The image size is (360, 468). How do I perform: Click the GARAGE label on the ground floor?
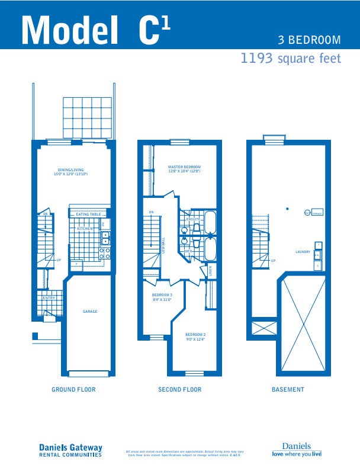[90, 312]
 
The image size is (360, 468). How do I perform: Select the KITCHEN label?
[85, 227]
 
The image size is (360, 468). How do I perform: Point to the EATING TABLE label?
[88, 214]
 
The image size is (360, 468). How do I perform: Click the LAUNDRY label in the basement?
[303, 252]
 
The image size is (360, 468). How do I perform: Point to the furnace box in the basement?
[317, 213]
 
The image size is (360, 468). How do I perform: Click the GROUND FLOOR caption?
[73, 390]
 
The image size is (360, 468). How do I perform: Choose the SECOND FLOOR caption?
[179, 390]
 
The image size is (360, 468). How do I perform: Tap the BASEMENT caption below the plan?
[288, 390]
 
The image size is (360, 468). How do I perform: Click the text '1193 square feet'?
[290, 59]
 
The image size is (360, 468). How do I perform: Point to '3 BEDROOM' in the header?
[310, 40]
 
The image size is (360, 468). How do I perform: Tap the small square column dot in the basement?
[286, 209]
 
